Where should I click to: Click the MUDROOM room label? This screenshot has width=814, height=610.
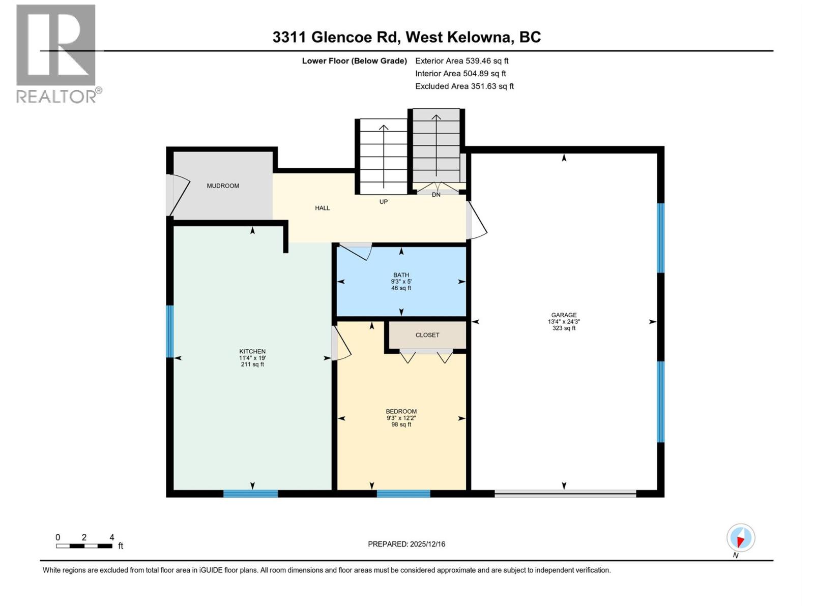tap(223, 186)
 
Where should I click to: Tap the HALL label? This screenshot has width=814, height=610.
tap(322, 208)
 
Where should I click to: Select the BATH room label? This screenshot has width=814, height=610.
tap(401, 275)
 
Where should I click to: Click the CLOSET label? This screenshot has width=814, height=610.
tap(427, 335)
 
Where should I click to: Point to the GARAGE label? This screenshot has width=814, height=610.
tap(564, 315)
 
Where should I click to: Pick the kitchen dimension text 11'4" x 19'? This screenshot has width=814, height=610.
tap(252, 358)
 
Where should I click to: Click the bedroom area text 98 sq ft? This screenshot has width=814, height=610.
tap(401, 424)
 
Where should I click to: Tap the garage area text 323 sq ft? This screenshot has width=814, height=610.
tap(564, 328)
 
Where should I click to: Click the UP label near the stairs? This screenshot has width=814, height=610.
tap(384, 202)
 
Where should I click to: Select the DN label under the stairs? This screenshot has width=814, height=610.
tap(436, 195)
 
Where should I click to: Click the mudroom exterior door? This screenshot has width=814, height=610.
tap(176, 195)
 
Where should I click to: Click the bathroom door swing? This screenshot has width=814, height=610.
tap(357, 251)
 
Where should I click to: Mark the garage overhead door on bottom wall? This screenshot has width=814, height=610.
tap(565, 493)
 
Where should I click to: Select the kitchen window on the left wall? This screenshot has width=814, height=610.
tap(170, 331)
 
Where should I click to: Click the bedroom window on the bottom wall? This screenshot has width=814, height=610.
tap(403, 493)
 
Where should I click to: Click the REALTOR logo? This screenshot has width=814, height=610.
tap(57, 53)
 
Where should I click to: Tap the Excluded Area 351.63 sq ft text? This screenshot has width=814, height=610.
tap(464, 86)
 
